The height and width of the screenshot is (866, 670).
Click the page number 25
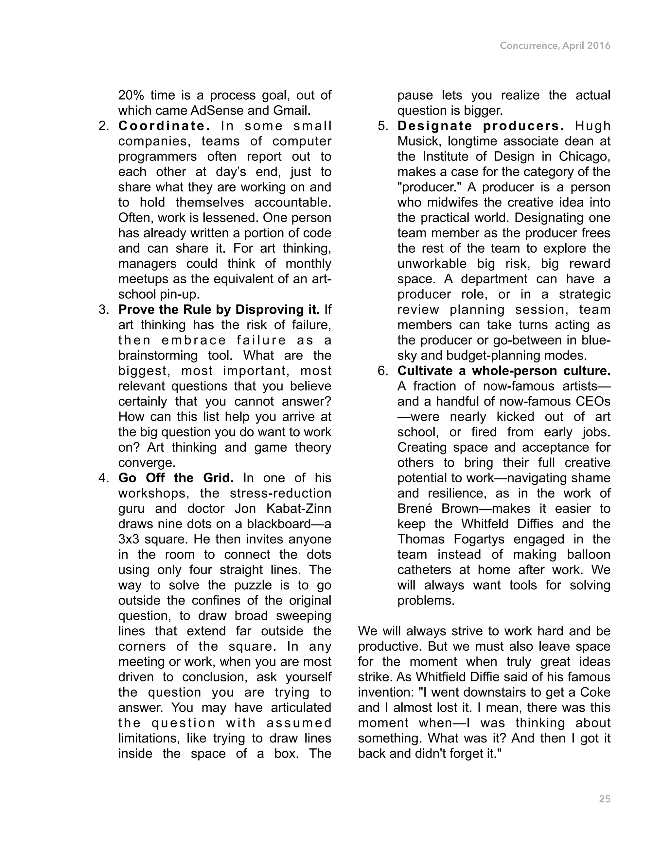click(x=604, y=799)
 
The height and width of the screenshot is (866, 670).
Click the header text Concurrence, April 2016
click(x=555, y=46)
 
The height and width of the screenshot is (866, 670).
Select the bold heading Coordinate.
click(x=164, y=126)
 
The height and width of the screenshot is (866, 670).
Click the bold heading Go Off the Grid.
click(x=176, y=478)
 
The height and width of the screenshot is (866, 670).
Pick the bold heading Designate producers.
click(x=481, y=126)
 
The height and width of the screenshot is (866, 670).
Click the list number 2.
click(x=104, y=126)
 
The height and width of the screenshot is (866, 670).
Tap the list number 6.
click(x=383, y=371)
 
